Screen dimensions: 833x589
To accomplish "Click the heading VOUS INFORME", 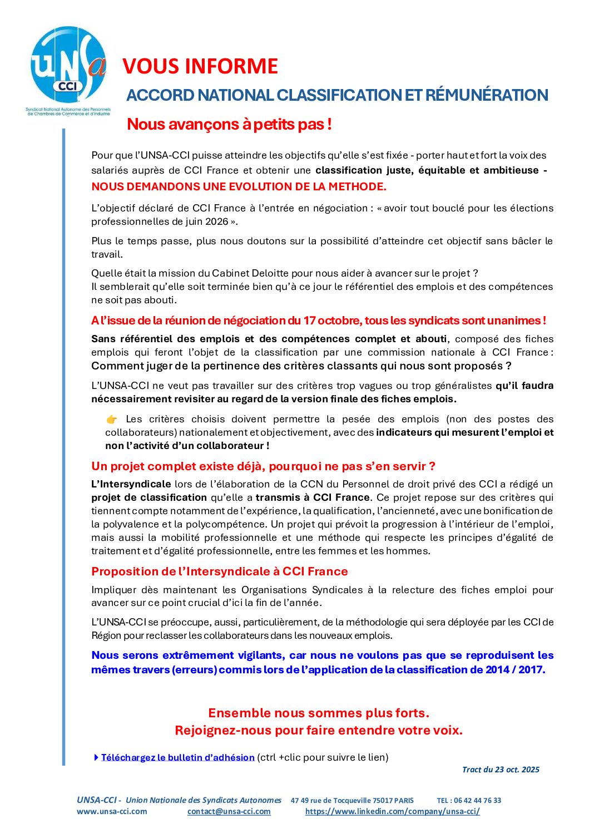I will [200, 66].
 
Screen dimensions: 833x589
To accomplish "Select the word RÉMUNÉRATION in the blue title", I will [487, 95].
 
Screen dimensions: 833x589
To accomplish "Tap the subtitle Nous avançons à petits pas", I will [229, 124].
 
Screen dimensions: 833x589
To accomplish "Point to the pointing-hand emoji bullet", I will [112, 420].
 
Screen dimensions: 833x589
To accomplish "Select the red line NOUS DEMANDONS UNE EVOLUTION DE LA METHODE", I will [239, 186].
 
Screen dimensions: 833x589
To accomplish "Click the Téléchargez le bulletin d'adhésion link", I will [177, 757].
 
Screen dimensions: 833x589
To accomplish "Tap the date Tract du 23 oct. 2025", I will [501, 770].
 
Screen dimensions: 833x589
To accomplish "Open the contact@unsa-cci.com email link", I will [229, 811].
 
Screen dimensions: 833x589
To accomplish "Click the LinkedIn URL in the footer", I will [392, 811].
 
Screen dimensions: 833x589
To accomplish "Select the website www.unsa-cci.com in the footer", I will [112, 811].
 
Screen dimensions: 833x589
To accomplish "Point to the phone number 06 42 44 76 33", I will [477, 800].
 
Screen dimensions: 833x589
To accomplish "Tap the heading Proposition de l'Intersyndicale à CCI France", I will [220, 571].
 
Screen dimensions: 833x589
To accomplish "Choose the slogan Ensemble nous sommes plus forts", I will [319, 713].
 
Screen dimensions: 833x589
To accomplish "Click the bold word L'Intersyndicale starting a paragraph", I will [131, 484].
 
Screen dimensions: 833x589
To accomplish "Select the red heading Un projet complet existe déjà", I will [263, 466].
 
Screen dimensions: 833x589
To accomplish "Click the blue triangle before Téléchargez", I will [97, 757].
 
